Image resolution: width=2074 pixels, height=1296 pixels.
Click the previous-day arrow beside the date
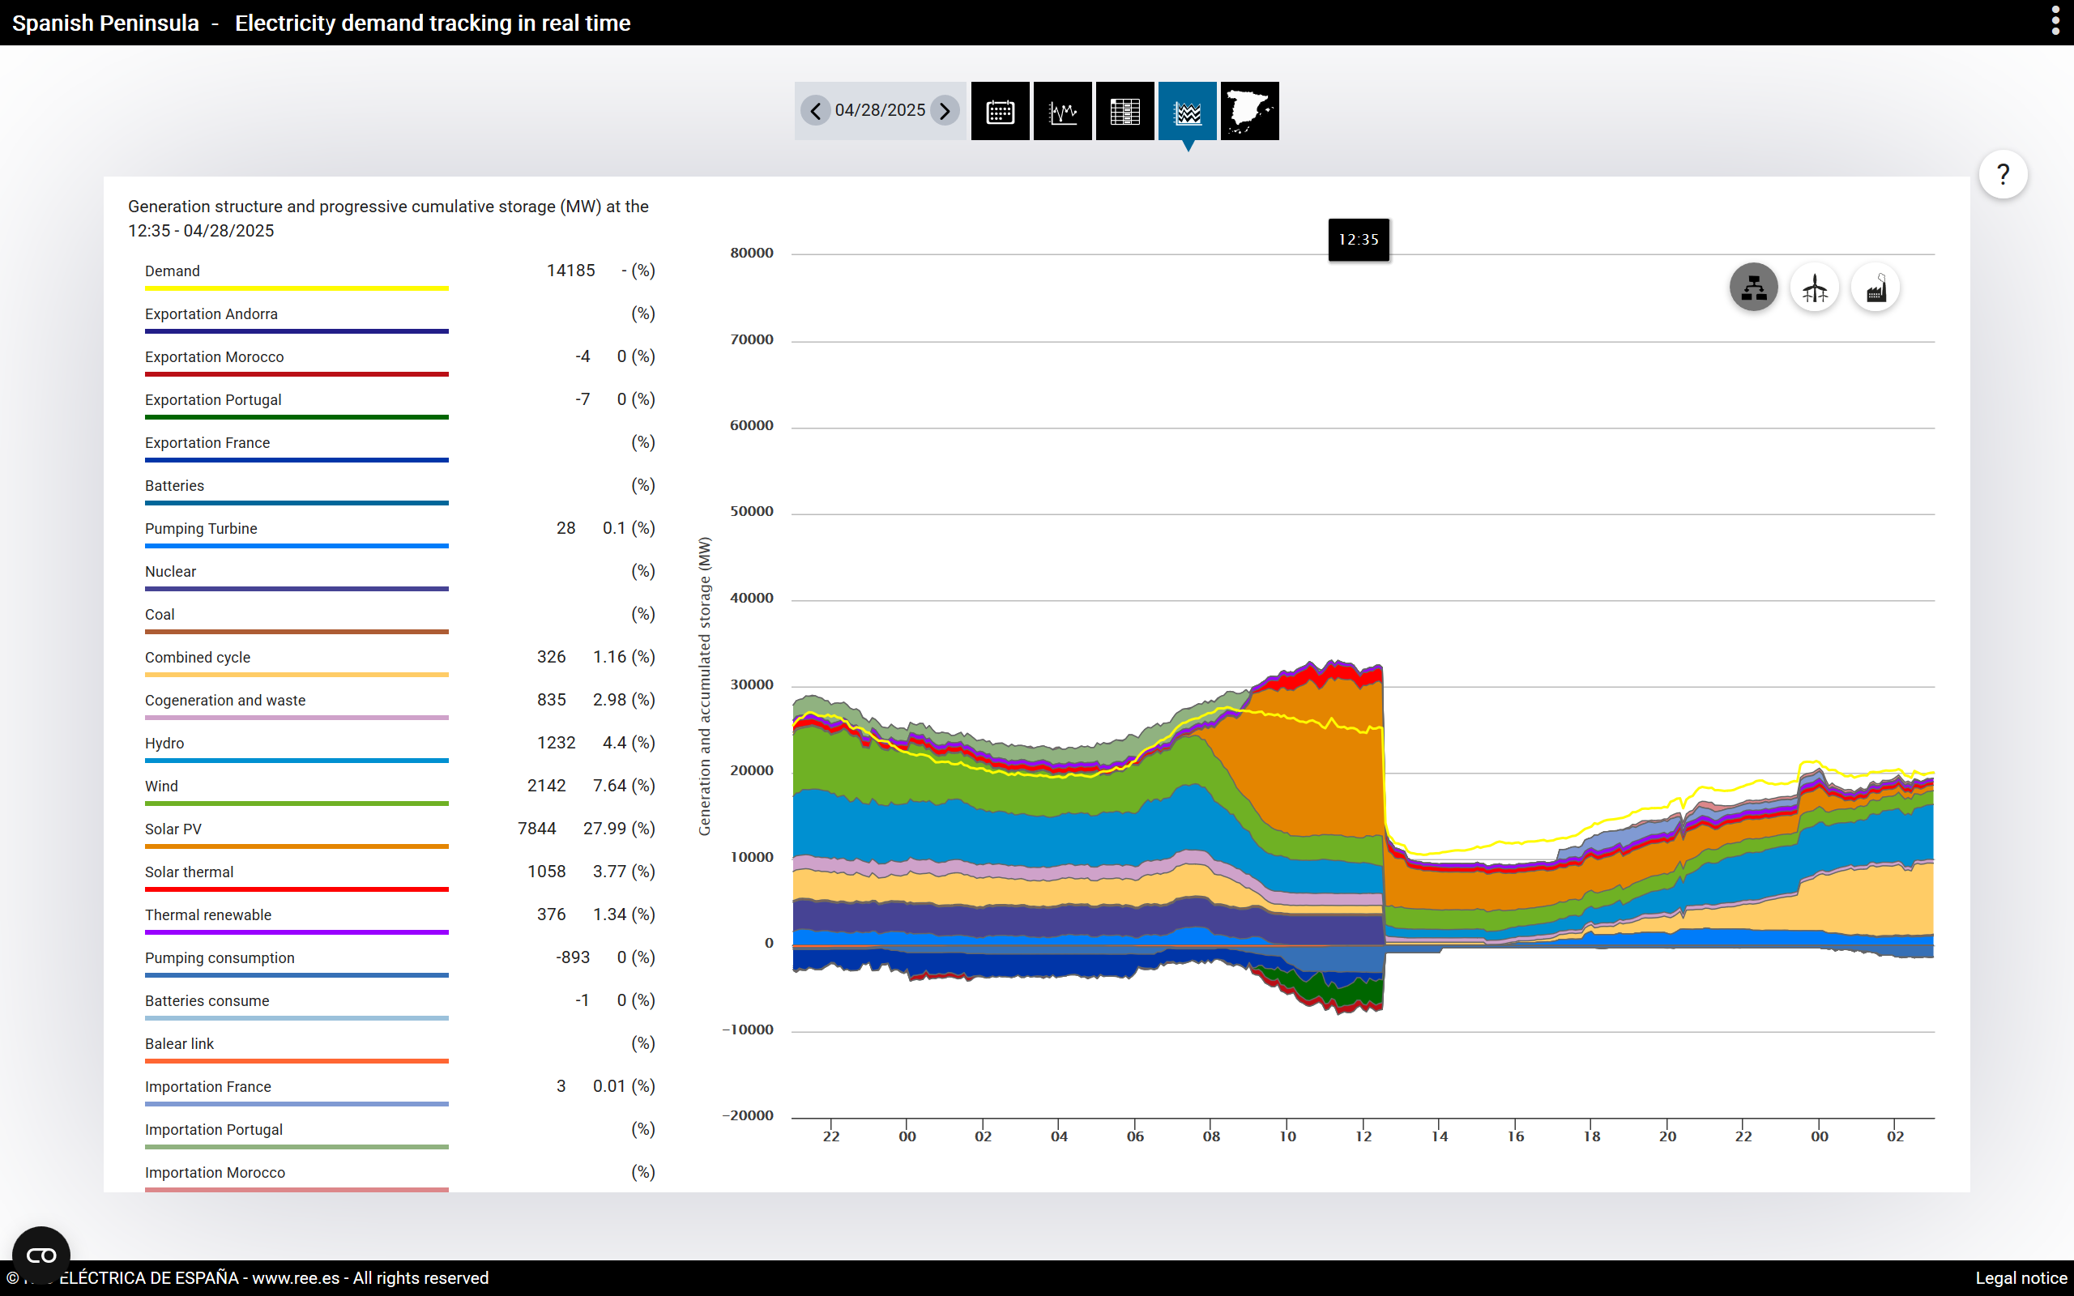[x=815, y=111]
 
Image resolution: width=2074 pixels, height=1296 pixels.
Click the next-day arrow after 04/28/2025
[x=945, y=111]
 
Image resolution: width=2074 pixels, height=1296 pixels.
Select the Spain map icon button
[x=1249, y=112]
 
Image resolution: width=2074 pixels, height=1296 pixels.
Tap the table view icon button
[x=1124, y=112]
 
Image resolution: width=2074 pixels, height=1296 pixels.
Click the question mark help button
[x=2003, y=175]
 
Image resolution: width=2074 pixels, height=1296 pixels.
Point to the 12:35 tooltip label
[x=1359, y=240]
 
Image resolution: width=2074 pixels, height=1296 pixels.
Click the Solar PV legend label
[x=173, y=829]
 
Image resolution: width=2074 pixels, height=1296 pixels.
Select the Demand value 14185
[x=571, y=271]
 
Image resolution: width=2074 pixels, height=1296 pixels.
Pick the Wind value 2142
[x=547, y=786]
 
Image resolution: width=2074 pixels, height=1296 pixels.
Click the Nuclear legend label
[x=171, y=572]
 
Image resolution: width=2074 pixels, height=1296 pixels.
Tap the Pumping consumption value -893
[x=573, y=957]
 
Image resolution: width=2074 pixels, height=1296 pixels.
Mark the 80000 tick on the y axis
[x=752, y=253]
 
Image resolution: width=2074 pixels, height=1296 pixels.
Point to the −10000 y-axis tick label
[x=747, y=1030]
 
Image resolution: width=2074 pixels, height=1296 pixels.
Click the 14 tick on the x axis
[x=1440, y=1136]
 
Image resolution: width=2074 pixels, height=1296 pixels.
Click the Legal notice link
[x=2021, y=1278]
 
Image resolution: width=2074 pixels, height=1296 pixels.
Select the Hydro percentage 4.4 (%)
[x=629, y=743]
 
